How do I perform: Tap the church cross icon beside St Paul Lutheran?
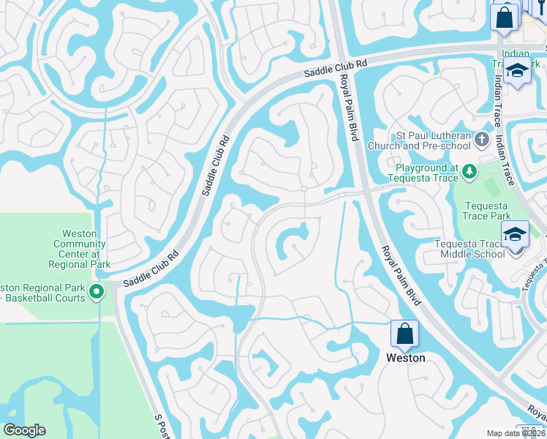click(x=482, y=138)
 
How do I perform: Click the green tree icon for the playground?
click(x=469, y=172)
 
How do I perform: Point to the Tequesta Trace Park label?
click(x=486, y=211)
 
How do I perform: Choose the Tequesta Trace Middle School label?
click(x=469, y=249)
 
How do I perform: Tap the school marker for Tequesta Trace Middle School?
click(x=515, y=236)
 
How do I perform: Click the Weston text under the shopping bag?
click(x=405, y=358)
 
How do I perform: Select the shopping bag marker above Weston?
click(x=404, y=334)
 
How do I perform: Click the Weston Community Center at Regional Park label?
click(x=80, y=249)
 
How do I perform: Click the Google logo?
click(x=24, y=430)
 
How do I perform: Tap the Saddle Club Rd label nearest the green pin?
click(x=151, y=271)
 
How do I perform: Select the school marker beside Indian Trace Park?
click(x=518, y=72)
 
